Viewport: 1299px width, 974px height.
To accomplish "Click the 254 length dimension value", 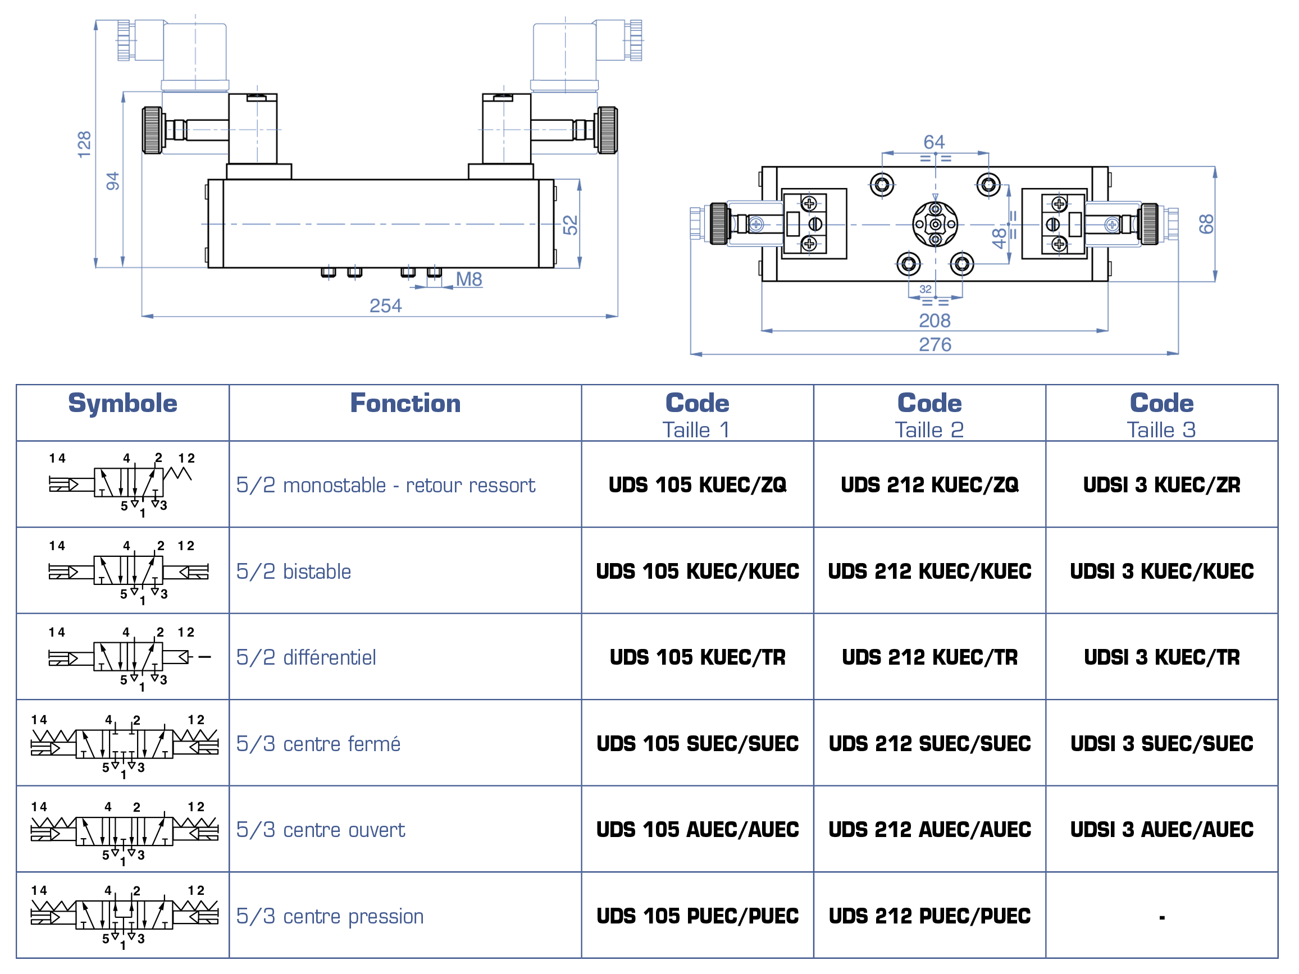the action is click(385, 306).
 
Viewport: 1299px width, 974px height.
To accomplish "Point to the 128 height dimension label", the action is click(85, 144).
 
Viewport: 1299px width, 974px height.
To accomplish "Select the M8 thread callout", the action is click(468, 280).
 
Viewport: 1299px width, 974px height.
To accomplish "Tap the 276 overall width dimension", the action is click(935, 345).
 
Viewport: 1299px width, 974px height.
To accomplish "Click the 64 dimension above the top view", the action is click(934, 142).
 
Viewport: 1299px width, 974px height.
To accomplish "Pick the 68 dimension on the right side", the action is click(1206, 224).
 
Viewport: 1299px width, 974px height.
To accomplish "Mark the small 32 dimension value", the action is click(925, 289).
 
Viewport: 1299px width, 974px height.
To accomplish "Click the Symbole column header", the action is click(123, 403).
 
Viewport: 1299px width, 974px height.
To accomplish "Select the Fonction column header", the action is click(405, 403).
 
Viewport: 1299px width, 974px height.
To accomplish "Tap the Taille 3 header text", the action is click(1161, 431).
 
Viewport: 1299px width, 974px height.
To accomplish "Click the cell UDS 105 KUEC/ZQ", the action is click(697, 485).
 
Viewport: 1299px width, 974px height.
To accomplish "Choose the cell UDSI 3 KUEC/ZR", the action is click(1161, 485).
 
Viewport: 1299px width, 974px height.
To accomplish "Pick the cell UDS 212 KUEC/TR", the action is click(929, 657).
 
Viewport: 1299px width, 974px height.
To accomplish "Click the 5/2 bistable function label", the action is click(294, 572).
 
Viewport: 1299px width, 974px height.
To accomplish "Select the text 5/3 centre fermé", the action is click(318, 744).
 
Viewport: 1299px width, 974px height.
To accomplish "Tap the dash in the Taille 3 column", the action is click(1161, 918).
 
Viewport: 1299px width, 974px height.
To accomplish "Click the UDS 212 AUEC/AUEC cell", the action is click(929, 830).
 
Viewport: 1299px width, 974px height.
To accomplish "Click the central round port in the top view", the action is click(935, 224).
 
